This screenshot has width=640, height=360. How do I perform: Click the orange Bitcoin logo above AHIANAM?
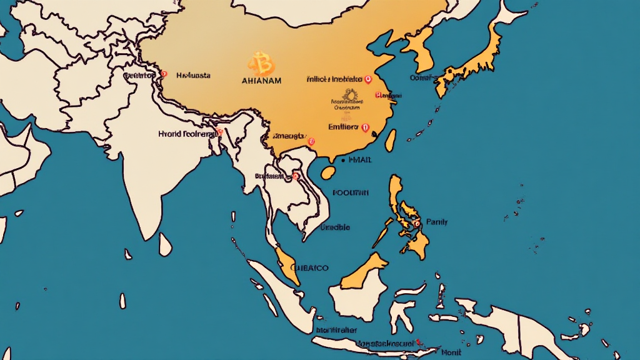pyautogui.click(x=261, y=64)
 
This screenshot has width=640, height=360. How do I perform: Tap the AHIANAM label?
pyautogui.click(x=261, y=81)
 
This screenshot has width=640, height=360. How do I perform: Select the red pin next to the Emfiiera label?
pyautogui.click(x=366, y=127)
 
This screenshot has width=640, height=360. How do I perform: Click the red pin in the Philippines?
pyautogui.click(x=416, y=222)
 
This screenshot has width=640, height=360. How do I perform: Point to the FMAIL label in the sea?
pyautogui.click(x=361, y=160)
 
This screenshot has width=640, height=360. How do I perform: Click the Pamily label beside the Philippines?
pyautogui.click(x=437, y=222)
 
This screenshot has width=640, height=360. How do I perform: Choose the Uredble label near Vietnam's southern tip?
pyautogui.click(x=335, y=227)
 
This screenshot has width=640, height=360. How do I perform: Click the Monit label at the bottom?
pyautogui.click(x=451, y=352)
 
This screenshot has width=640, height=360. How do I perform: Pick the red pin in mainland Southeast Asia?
pyautogui.click(x=296, y=177)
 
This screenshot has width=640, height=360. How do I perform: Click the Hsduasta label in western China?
pyautogui.click(x=193, y=75)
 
